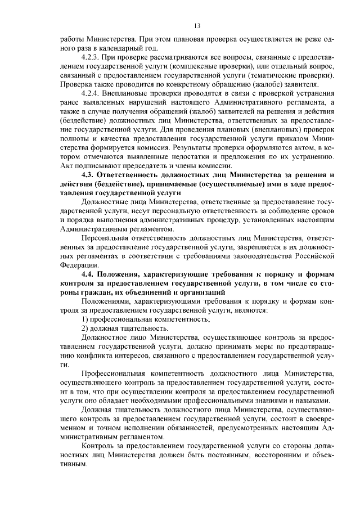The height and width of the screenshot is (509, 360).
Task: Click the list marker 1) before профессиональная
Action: point(85,319)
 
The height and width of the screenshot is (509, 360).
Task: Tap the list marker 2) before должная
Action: point(85,328)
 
